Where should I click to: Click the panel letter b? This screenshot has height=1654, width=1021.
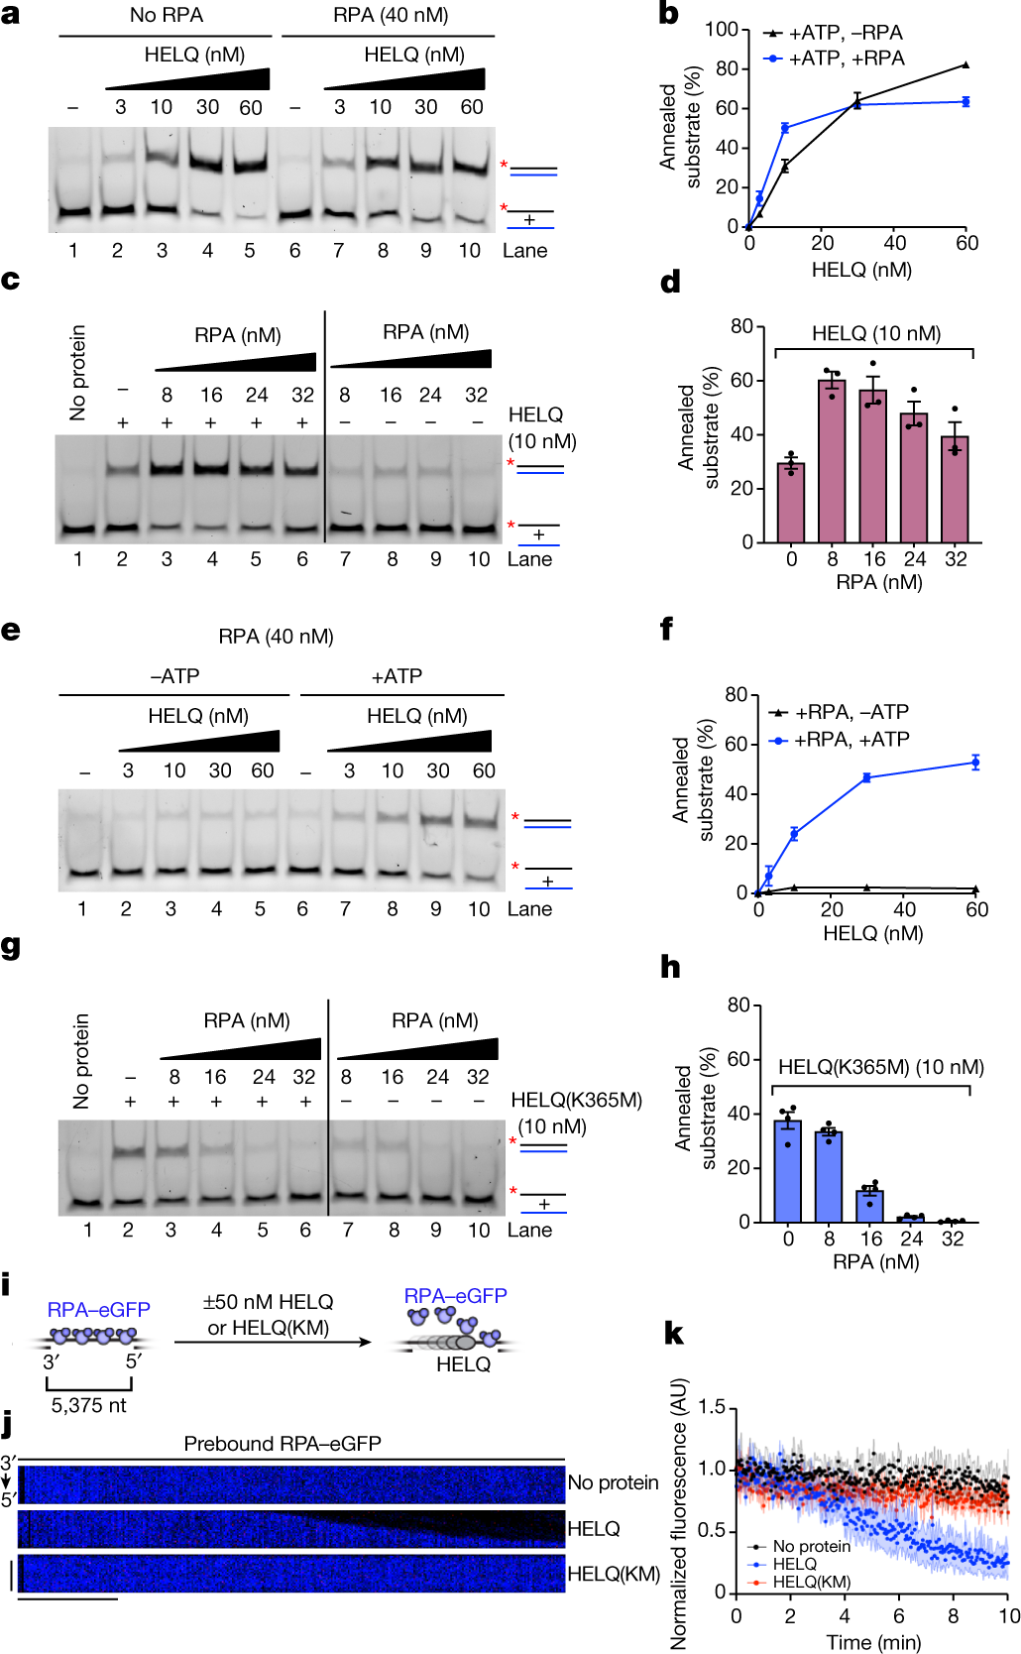(x=669, y=14)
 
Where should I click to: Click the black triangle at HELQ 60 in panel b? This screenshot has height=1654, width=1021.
(x=965, y=65)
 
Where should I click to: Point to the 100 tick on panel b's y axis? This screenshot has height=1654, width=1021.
(x=722, y=29)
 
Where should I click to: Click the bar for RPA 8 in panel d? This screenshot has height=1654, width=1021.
(x=832, y=461)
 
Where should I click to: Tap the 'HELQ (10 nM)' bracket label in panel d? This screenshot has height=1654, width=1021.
(x=876, y=333)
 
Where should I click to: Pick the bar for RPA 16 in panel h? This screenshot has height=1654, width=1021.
(x=870, y=1206)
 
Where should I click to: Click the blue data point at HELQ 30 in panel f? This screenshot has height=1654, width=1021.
(x=866, y=778)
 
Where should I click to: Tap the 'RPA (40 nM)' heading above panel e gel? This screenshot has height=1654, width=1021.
(x=276, y=637)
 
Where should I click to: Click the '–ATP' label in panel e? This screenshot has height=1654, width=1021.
(x=174, y=676)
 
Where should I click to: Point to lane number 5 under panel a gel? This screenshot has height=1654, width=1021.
(x=250, y=251)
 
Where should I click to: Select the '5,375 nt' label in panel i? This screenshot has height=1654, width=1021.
(x=89, y=1405)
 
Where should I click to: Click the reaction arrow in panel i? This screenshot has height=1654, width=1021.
(x=273, y=1343)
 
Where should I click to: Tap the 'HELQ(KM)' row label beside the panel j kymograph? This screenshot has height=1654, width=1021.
(x=613, y=1574)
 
